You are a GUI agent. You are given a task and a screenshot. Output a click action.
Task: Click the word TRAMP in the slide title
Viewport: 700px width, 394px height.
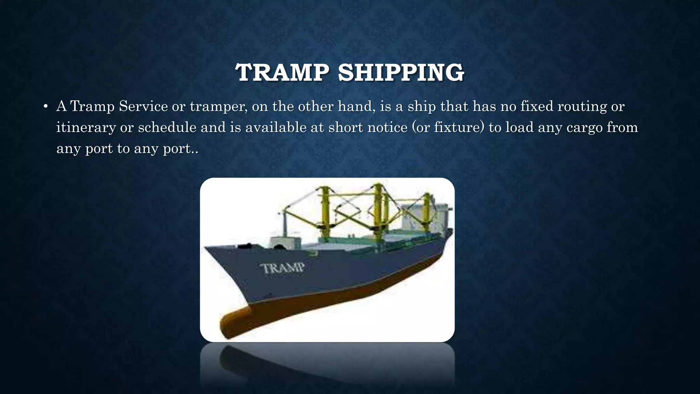click(282, 73)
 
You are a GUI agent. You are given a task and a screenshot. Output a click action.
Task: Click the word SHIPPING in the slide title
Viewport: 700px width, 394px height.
click(401, 73)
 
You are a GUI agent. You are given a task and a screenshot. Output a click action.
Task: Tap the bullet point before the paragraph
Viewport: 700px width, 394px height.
click(45, 107)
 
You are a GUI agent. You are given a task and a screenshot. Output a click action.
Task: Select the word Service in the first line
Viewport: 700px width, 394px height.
click(143, 106)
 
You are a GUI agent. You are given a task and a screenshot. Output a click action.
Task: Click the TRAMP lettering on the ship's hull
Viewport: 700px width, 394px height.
click(283, 268)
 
